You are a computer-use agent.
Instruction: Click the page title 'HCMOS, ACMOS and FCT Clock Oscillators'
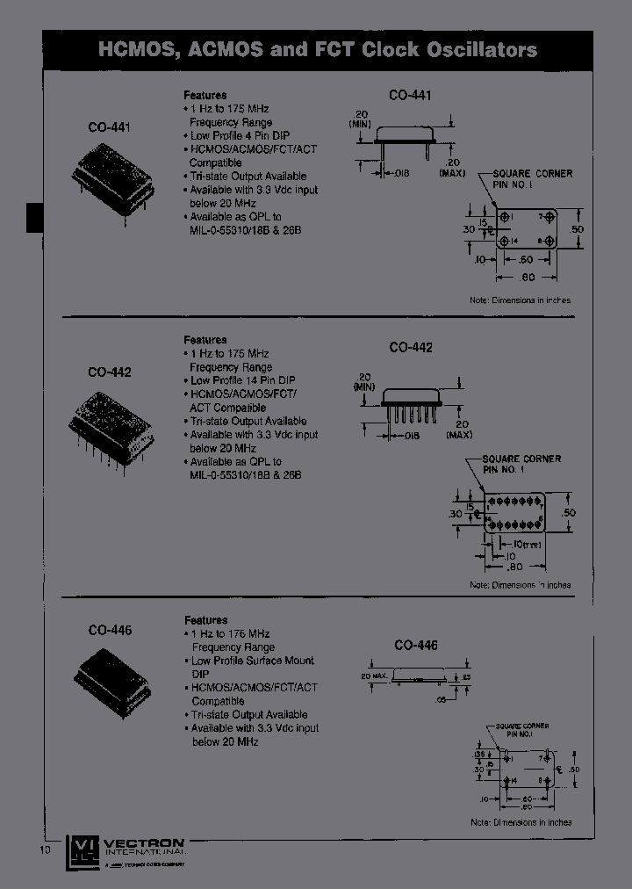click(x=317, y=49)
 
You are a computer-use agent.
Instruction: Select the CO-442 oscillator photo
click(x=111, y=421)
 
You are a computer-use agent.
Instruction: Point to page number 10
click(x=47, y=849)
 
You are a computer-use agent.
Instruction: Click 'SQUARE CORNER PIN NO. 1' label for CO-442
click(x=521, y=464)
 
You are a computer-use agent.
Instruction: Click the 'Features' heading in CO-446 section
click(x=205, y=620)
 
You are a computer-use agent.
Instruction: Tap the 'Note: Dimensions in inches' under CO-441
click(x=520, y=300)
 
